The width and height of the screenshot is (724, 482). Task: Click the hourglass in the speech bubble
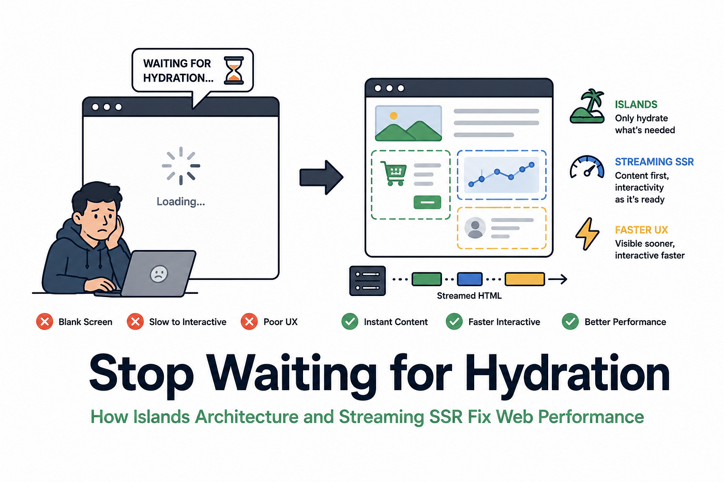(x=234, y=71)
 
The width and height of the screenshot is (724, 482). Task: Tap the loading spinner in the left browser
(x=181, y=166)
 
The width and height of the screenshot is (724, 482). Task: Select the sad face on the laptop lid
(x=159, y=274)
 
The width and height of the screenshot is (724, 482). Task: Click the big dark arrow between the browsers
(x=321, y=177)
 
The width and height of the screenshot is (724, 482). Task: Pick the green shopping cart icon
(x=394, y=174)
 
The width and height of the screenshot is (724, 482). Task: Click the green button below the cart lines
(x=427, y=203)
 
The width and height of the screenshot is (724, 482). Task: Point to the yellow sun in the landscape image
(x=394, y=116)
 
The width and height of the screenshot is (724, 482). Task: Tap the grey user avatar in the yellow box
(x=475, y=228)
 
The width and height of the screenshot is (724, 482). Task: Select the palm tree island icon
(x=587, y=106)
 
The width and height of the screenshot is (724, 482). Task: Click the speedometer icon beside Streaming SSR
(x=587, y=166)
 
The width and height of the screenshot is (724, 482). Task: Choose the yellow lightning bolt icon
(x=587, y=234)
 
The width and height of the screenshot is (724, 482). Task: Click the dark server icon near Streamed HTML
(x=368, y=281)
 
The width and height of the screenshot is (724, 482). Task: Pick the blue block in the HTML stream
(x=470, y=279)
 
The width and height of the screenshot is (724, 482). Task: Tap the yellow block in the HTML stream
(x=525, y=279)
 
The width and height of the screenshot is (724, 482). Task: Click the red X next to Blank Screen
(x=44, y=321)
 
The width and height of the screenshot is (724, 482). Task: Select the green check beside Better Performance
(x=570, y=321)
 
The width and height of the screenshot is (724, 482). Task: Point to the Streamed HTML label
(x=470, y=296)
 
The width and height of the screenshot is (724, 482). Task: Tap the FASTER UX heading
(x=641, y=230)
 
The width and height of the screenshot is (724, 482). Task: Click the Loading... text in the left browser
(x=180, y=202)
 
